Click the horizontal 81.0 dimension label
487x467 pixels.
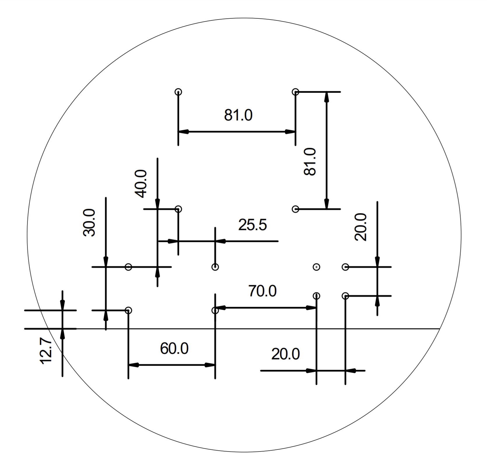click(x=238, y=115)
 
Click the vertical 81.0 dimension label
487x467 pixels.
click(x=310, y=161)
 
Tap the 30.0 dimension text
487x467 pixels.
click(x=89, y=222)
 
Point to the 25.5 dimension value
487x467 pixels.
click(x=252, y=225)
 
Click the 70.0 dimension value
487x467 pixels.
click(x=262, y=291)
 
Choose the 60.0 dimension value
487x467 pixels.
click(x=174, y=348)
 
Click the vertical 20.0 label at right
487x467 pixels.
click(x=360, y=227)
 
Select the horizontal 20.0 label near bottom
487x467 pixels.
click(x=285, y=354)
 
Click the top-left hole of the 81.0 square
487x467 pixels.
click(x=178, y=92)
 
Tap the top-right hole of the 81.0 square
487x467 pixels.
click(x=295, y=92)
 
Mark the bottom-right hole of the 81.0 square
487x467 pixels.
click(x=295, y=209)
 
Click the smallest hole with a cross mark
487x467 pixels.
click(x=316, y=267)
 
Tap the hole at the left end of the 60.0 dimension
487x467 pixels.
click(x=128, y=310)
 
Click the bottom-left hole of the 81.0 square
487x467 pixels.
click(x=178, y=209)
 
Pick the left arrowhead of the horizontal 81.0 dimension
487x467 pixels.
click(x=183, y=132)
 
